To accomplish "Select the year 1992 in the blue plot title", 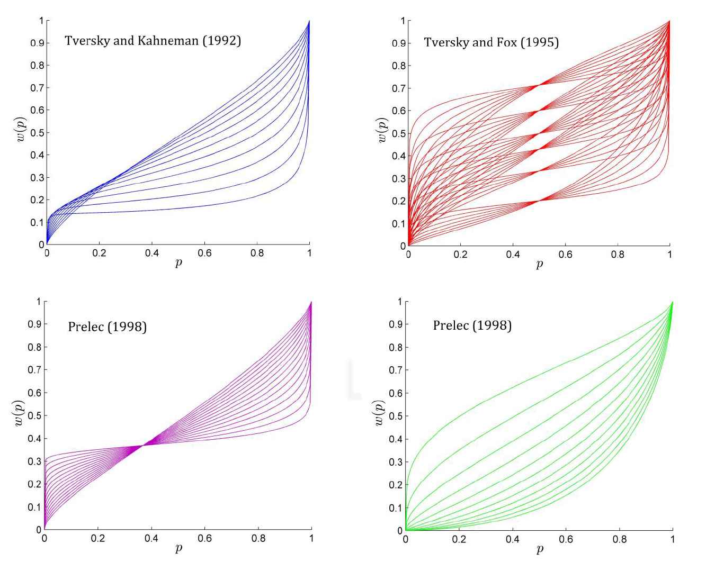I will [x=222, y=41].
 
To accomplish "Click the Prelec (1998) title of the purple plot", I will [x=107, y=327].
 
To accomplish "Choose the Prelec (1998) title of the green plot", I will [x=472, y=325].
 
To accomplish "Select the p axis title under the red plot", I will [x=539, y=264].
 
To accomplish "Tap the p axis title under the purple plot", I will [x=178, y=548].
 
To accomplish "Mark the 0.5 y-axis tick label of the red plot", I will [x=398, y=133].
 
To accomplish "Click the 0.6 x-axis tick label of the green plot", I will [x=566, y=540].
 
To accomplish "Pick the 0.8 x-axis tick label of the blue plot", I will [x=257, y=253].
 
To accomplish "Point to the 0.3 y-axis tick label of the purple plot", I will [x=34, y=461].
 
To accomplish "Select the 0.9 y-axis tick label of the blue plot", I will [x=37, y=43].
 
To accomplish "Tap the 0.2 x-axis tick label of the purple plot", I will [x=97, y=539].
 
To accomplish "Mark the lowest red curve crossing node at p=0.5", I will [x=539, y=201].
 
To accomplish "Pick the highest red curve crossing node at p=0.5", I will [x=539, y=85].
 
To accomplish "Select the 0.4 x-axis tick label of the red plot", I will [x=513, y=255].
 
